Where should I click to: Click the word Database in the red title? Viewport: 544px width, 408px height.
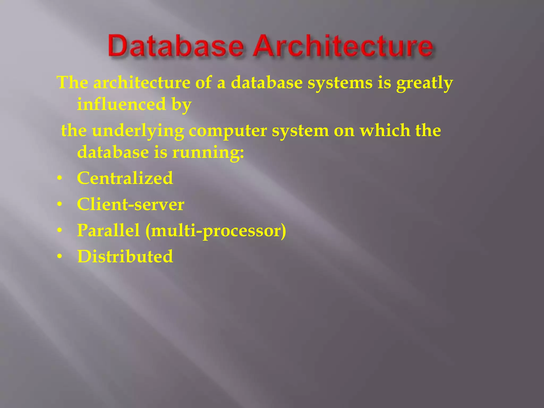click(x=176, y=46)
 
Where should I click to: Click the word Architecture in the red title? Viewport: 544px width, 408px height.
click(x=343, y=46)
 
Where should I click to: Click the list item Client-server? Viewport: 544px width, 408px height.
click(x=130, y=204)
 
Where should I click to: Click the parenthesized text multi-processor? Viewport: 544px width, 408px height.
click(x=216, y=231)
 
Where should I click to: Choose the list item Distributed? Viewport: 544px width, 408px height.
click(x=125, y=256)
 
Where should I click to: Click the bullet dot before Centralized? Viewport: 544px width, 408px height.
click(x=59, y=178)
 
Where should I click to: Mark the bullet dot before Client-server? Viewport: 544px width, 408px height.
click(x=59, y=205)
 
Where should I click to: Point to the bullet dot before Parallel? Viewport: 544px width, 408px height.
click(x=59, y=231)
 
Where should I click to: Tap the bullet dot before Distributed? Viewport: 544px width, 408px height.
click(x=59, y=257)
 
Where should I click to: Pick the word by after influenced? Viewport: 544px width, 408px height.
click(x=181, y=105)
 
